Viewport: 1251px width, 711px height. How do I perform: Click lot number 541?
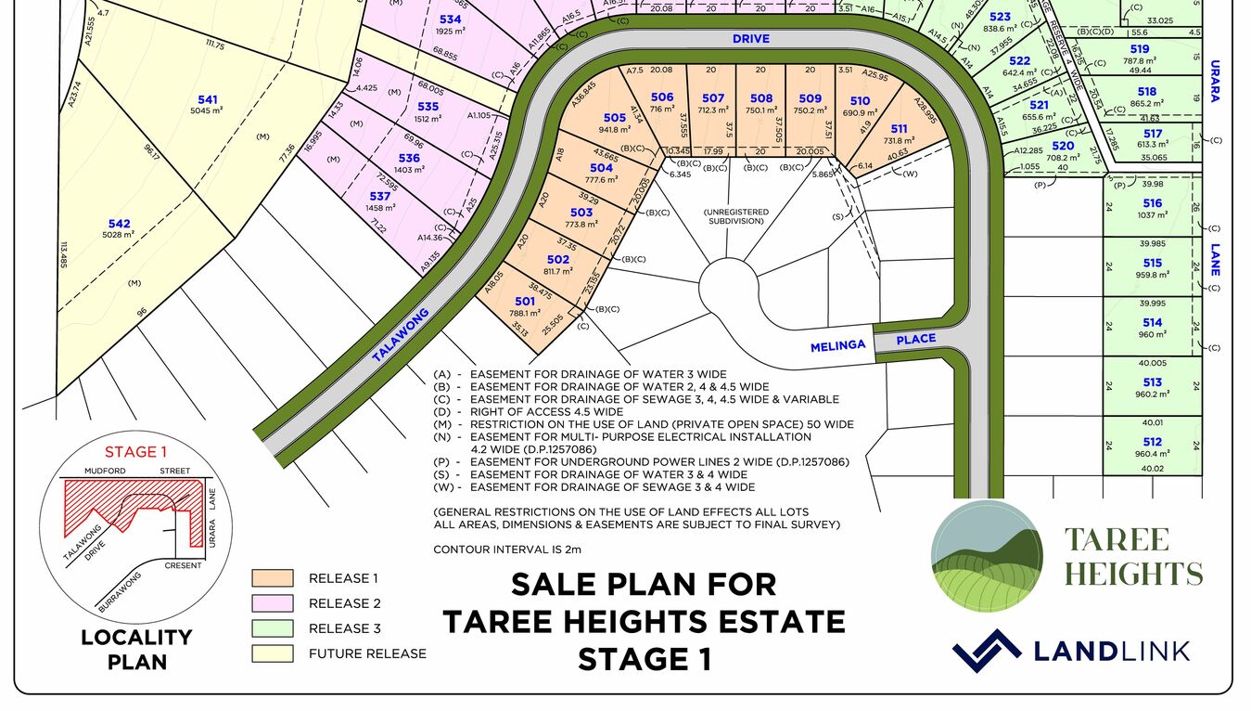click(208, 99)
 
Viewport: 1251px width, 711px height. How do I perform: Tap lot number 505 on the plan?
click(615, 118)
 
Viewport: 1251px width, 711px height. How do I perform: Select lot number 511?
click(899, 129)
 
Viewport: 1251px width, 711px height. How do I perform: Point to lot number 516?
click(1153, 203)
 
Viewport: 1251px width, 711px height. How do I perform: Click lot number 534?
click(450, 19)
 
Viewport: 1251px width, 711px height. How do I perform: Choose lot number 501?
click(525, 302)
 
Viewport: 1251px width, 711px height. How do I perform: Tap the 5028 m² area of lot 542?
click(120, 235)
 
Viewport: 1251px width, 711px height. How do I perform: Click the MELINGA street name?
click(837, 344)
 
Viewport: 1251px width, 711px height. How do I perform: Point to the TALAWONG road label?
click(402, 335)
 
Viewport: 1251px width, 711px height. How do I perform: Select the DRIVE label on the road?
click(751, 40)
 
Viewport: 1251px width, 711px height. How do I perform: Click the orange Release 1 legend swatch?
click(273, 578)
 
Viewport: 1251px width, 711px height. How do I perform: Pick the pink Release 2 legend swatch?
click(273, 603)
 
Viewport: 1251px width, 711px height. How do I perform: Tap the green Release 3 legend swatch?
click(273, 628)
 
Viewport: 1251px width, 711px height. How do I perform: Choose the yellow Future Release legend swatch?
click(273, 653)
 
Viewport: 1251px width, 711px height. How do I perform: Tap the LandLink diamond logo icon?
click(987, 650)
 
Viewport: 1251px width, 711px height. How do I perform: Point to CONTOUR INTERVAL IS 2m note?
click(507, 549)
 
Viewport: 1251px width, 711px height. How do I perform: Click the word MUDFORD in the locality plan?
click(105, 472)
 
